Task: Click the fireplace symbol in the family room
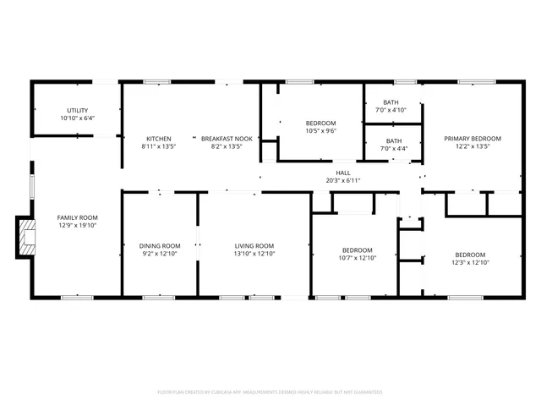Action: click(x=26, y=237)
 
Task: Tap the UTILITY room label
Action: click(x=77, y=111)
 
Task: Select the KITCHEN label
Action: click(x=159, y=139)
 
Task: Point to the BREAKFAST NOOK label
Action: click(x=226, y=139)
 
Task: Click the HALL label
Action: click(x=343, y=173)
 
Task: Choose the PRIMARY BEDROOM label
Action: click(x=473, y=139)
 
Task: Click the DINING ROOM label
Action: click(x=160, y=246)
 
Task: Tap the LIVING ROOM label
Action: click(x=254, y=246)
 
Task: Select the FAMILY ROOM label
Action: click(x=77, y=217)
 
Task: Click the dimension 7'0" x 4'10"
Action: click(x=391, y=110)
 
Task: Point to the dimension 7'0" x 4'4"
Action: click(x=394, y=149)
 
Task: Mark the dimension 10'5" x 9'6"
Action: click(x=320, y=131)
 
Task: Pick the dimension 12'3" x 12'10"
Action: click(x=470, y=262)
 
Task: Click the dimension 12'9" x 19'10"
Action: click(x=77, y=225)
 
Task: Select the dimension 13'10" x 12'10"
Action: click(x=254, y=254)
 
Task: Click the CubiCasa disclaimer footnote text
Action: click(x=270, y=392)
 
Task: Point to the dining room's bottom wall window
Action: click(x=158, y=297)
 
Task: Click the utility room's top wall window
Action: click(x=105, y=81)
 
